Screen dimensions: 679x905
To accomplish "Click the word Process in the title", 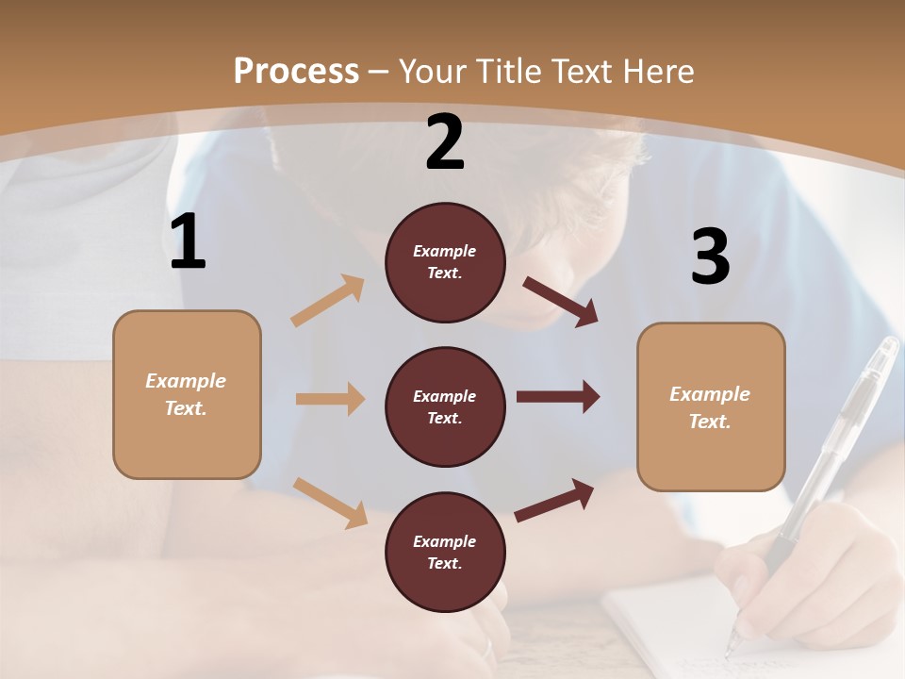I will (x=296, y=71).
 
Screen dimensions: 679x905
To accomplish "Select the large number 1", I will (x=188, y=242).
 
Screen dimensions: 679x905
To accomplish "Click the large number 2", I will (x=445, y=143).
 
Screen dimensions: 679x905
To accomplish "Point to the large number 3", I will (x=710, y=257).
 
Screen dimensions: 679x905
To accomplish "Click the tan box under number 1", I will (x=187, y=394).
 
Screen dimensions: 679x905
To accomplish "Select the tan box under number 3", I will (x=711, y=407).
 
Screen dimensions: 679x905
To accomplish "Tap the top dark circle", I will (x=445, y=262).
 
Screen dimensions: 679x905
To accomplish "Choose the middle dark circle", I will (x=445, y=407).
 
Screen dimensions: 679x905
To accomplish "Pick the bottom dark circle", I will (x=445, y=553).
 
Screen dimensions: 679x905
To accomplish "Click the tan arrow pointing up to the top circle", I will (x=328, y=301).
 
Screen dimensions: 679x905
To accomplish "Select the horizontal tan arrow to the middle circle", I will (x=330, y=399).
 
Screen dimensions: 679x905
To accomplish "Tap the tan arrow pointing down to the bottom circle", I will (x=330, y=502).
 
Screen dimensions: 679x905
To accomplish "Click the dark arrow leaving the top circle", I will (x=560, y=302).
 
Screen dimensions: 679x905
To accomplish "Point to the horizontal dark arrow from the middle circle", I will (x=557, y=397).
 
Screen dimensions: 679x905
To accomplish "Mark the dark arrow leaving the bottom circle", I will (x=554, y=500).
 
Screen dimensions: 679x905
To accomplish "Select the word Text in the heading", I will (x=584, y=71).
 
